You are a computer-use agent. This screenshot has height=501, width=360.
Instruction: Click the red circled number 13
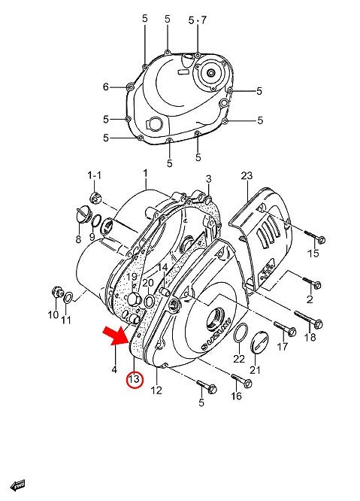tap(134, 380)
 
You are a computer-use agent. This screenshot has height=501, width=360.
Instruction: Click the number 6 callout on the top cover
tap(106, 87)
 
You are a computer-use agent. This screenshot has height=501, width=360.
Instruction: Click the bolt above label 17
tap(284, 329)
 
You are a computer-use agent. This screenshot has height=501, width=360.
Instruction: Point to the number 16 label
tap(237, 396)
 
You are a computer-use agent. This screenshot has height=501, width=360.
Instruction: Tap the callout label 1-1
tap(94, 175)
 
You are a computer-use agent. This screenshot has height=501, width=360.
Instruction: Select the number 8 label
tap(77, 238)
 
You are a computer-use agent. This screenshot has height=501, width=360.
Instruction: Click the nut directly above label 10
tap(56, 292)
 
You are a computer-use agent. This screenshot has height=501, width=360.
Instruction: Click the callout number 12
tap(156, 390)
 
